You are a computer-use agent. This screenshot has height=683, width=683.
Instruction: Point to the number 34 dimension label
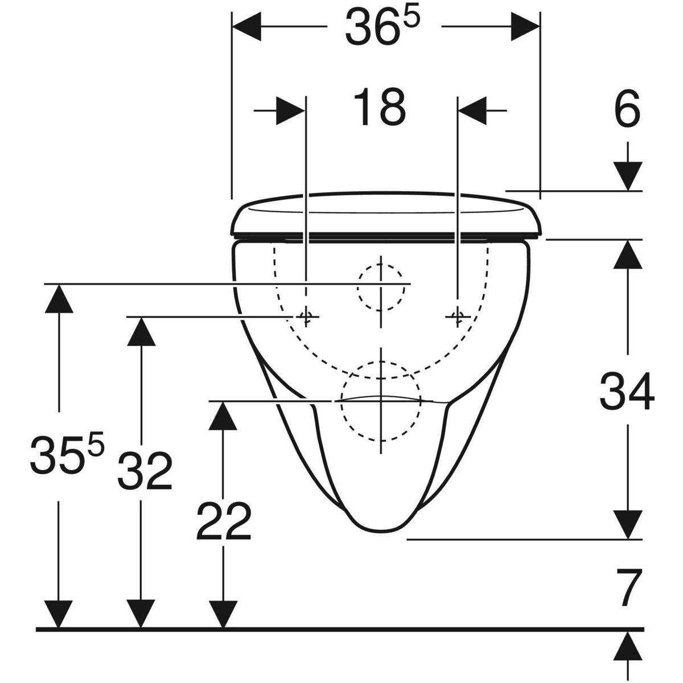point(627,392)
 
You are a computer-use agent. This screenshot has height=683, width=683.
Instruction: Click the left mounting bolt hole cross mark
point(306,316)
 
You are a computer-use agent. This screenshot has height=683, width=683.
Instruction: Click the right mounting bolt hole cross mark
point(458,316)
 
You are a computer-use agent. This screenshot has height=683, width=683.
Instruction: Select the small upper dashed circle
point(381,287)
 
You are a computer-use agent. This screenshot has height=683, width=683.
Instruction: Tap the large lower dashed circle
point(380,401)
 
